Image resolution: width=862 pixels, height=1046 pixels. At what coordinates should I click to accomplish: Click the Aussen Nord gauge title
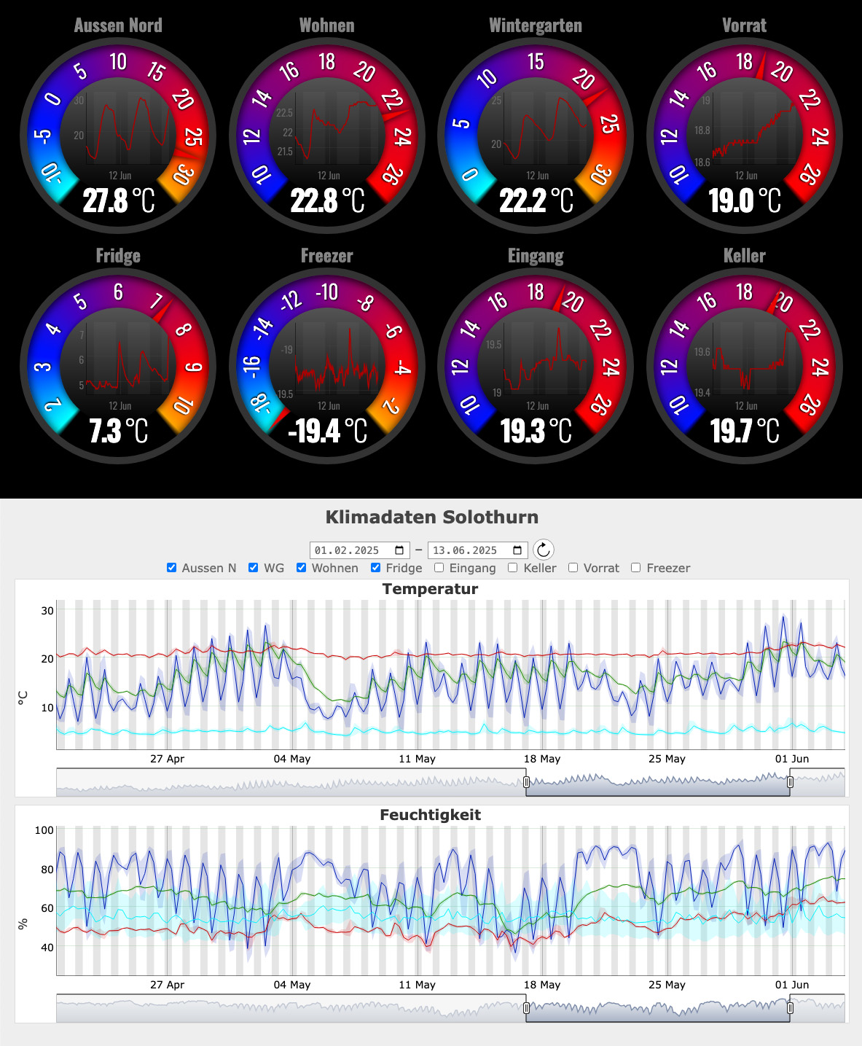[x=118, y=26]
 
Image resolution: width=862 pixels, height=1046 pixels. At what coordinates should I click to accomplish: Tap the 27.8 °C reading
[x=119, y=200]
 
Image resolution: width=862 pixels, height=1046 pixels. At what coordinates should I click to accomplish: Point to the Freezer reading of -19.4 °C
[x=327, y=431]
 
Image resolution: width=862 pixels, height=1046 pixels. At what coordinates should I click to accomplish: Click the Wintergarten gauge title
[x=536, y=26]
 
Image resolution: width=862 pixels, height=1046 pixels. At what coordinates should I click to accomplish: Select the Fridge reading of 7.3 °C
[x=119, y=431]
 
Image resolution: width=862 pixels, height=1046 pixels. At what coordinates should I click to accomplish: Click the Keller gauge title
[x=744, y=256]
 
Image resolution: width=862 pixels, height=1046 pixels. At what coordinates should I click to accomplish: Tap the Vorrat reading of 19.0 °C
[x=744, y=200]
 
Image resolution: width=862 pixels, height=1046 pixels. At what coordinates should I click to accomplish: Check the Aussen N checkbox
[x=172, y=568]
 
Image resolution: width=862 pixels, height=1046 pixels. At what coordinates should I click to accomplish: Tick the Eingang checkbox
[x=439, y=568]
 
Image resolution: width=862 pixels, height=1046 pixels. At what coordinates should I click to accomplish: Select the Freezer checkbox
[x=636, y=568]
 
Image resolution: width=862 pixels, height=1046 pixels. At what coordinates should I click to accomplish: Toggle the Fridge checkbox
[x=376, y=568]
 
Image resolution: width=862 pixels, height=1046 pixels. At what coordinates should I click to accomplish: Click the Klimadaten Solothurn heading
[x=431, y=518]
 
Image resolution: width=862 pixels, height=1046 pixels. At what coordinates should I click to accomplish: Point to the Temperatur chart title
[x=430, y=589]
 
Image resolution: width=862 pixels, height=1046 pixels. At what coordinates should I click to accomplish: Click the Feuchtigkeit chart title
[x=430, y=815]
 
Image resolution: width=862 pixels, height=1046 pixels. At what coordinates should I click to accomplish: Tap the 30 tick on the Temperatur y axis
[x=47, y=611]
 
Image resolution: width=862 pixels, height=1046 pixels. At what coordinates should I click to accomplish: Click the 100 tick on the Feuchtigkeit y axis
[x=44, y=830]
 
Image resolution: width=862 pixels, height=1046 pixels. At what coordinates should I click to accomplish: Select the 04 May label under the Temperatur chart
[x=291, y=759]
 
